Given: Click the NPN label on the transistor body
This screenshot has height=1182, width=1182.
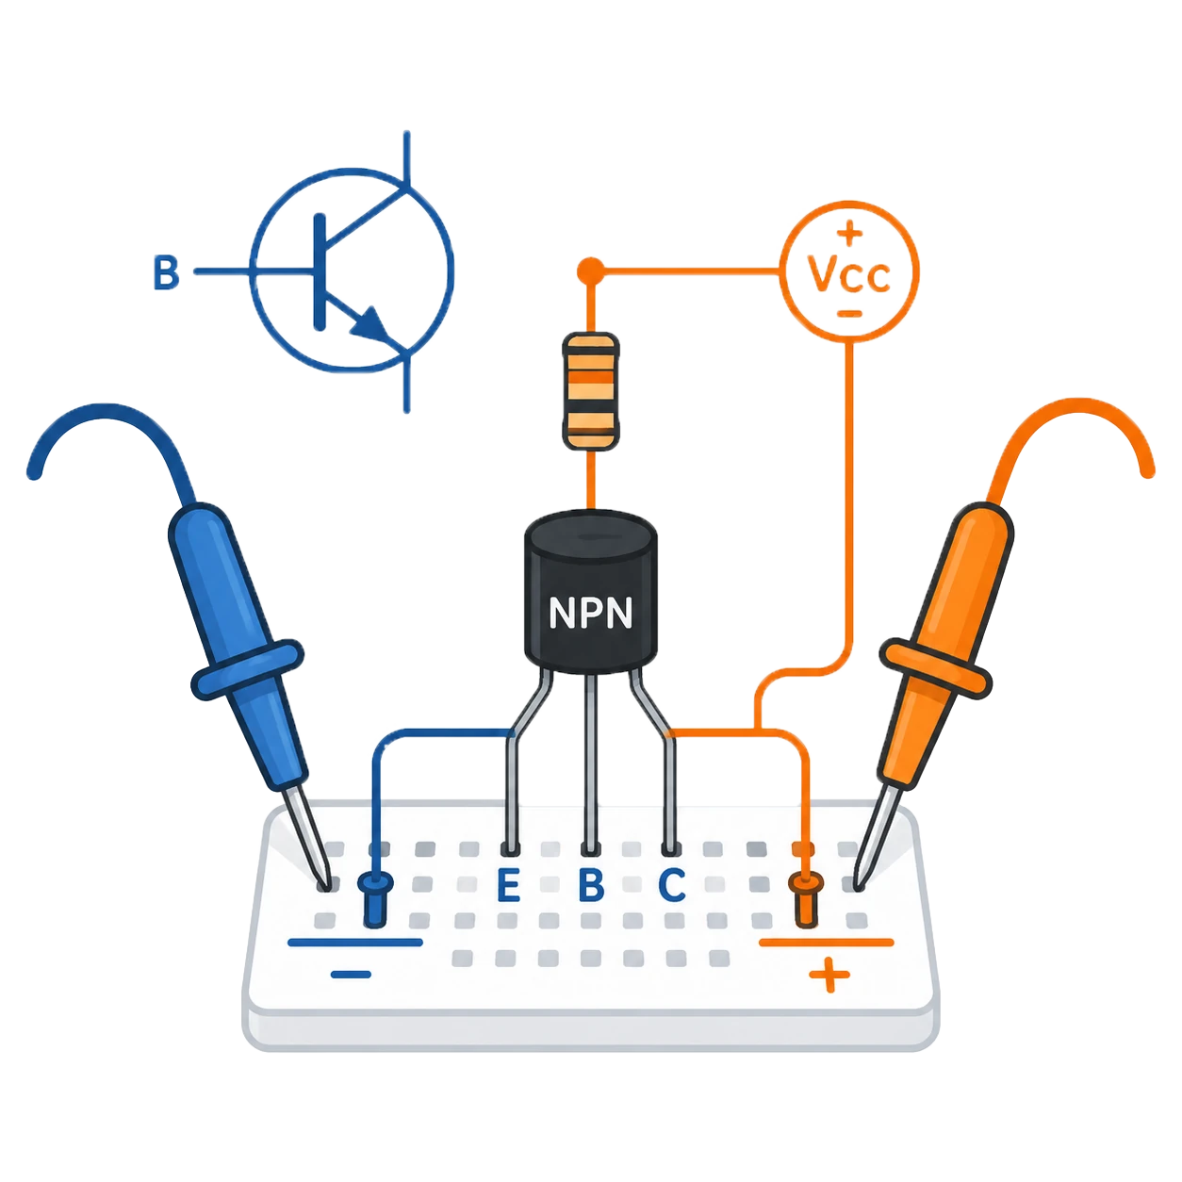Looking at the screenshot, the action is tap(590, 612).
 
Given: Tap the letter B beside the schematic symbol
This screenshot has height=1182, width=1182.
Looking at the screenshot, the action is tap(166, 272).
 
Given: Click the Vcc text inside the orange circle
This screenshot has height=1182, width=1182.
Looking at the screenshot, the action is tap(849, 274).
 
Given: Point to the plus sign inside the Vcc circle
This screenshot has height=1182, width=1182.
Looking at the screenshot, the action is tap(849, 233).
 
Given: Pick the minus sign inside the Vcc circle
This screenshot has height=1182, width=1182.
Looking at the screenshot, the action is tap(849, 314).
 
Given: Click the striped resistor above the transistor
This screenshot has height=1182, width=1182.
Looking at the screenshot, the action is tap(591, 391).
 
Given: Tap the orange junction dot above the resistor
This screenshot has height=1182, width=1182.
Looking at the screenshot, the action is tap(591, 270).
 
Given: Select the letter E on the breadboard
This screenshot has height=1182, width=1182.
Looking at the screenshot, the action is tap(508, 884).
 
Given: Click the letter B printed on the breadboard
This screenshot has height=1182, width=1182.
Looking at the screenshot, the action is tap(591, 884).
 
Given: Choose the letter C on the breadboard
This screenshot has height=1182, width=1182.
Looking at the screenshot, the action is tap(672, 884).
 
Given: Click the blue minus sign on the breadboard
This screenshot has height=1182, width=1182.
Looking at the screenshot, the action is tap(351, 974).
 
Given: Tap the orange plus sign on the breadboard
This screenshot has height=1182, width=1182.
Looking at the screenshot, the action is tap(829, 974).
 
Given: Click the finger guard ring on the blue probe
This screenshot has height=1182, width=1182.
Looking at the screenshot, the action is tap(248, 669).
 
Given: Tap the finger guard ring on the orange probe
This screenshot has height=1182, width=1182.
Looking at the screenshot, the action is tap(935, 668).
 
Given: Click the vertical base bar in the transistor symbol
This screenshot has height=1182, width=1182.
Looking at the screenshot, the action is tap(319, 272).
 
